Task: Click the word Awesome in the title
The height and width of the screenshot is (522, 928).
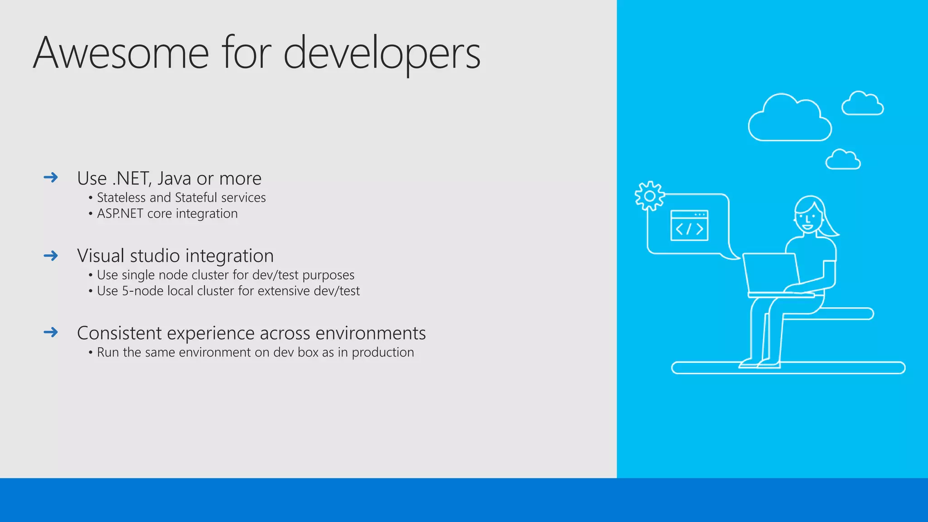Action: tap(121, 53)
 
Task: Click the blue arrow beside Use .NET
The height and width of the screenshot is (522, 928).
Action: tap(51, 177)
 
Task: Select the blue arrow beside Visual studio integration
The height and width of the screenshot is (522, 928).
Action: tap(51, 256)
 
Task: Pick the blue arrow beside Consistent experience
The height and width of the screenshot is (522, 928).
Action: tap(51, 332)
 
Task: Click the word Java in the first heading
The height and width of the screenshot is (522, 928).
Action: tap(174, 179)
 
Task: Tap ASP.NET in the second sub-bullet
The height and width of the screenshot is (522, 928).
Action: tap(120, 213)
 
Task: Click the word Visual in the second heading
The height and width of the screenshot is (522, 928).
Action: tap(101, 256)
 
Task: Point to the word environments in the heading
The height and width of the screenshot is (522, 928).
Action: tap(370, 333)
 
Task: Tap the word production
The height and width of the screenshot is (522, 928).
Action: tap(382, 353)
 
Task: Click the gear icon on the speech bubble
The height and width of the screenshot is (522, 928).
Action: tap(649, 196)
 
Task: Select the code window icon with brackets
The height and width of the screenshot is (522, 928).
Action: tap(689, 226)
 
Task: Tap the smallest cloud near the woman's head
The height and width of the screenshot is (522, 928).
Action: tap(843, 160)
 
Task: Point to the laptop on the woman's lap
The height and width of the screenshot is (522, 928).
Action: tap(770, 274)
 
